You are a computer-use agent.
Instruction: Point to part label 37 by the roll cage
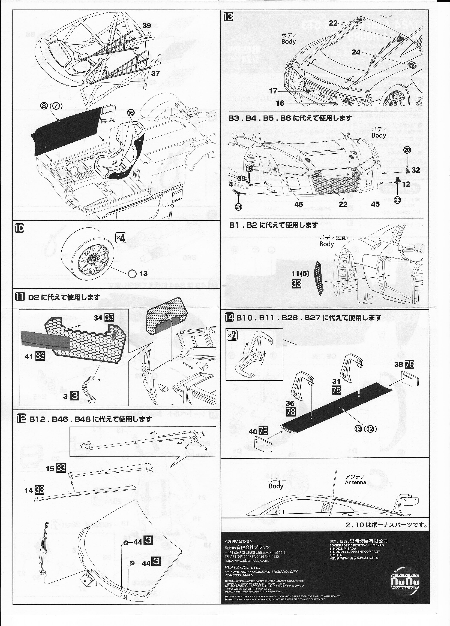pos(155,73)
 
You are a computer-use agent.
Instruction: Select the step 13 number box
pos(229,17)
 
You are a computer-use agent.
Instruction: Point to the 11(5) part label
pos(300,274)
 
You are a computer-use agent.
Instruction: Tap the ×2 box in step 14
pos(232,336)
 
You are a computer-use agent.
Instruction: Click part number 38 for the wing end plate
pos(399,364)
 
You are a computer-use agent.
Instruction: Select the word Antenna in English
pos(355,482)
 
